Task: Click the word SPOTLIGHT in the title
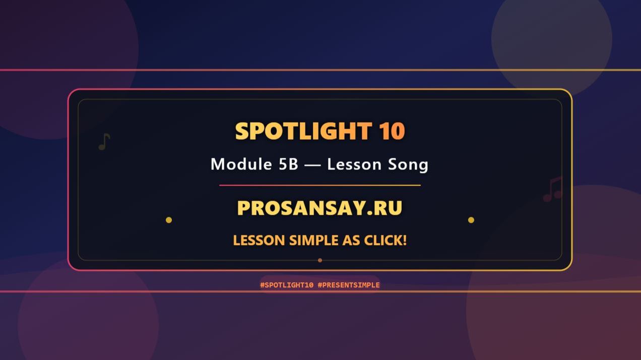[x=303, y=131]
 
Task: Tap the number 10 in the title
[x=392, y=131]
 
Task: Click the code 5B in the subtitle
[x=288, y=164]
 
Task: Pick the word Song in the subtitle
[x=408, y=164]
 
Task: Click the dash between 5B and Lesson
[x=312, y=165]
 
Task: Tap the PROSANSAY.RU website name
[x=319, y=208]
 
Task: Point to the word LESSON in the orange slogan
[x=259, y=241]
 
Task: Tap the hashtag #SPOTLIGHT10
[x=287, y=285]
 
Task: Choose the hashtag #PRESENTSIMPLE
[x=349, y=285]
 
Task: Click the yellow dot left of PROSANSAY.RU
[x=169, y=220]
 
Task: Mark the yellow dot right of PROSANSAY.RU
[x=471, y=220]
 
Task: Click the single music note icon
[x=104, y=142]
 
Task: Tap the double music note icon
[x=552, y=190]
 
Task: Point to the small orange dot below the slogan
[x=320, y=260]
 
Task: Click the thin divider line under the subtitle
[x=319, y=186]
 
